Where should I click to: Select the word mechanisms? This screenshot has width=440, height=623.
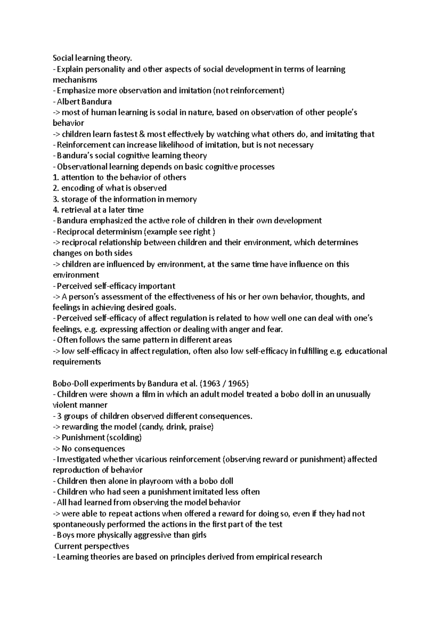pyautogui.click(x=75, y=80)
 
